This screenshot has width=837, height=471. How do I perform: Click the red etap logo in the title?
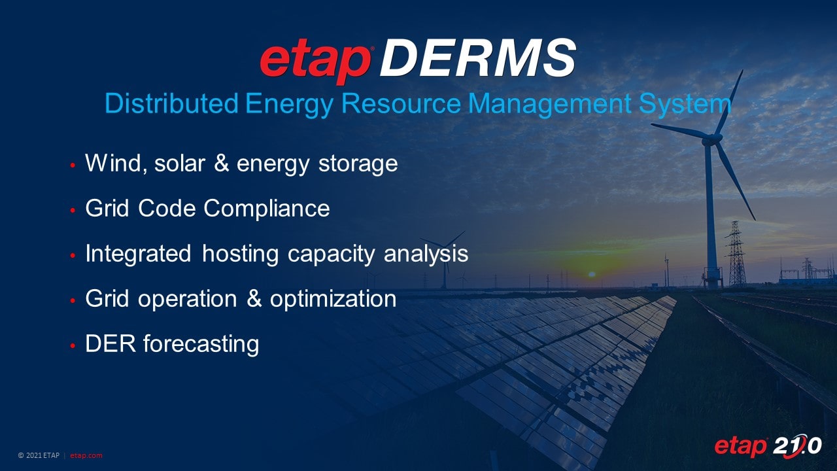point(316,61)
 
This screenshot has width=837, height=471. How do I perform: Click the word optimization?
point(333,299)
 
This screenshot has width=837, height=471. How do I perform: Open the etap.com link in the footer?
point(86,455)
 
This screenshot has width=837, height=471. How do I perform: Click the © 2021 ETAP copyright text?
point(39,455)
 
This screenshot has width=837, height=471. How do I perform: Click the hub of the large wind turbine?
point(709,139)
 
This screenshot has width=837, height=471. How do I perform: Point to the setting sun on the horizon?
point(592,275)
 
